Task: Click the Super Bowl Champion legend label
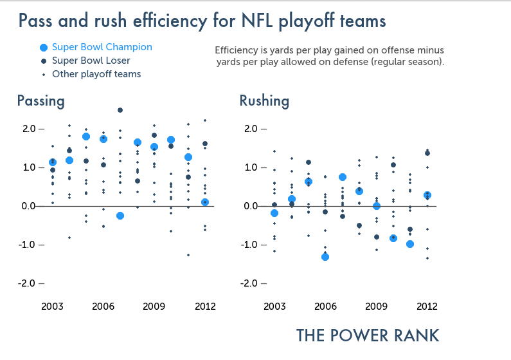pos(102,47)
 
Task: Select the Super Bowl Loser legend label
pos(91,61)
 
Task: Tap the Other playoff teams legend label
pos(96,74)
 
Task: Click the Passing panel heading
pos(40,101)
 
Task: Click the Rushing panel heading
pos(264,101)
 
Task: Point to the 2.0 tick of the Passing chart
pos(27,129)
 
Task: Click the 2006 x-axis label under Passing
pos(103,306)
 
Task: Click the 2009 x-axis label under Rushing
pos(377,306)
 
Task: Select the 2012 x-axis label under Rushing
pos(427,306)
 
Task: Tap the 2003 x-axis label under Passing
pos(53,306)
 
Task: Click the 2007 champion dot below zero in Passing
pos(120,216)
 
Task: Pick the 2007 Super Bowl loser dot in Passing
pos(120,110)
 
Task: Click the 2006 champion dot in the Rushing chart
pos(325,257)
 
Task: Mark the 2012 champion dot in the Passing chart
pos(205,202)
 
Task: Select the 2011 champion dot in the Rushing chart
pos(410,244)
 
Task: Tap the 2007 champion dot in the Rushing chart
pos(343,177)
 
